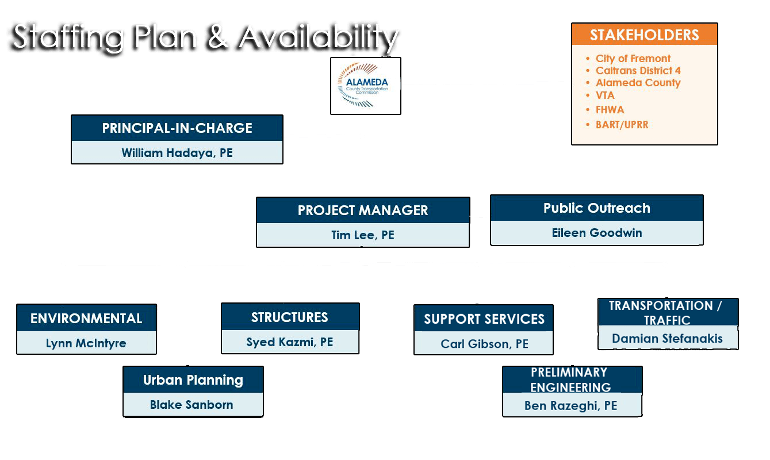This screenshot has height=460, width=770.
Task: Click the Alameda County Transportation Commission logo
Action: click(365, 86)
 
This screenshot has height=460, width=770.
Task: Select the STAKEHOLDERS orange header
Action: click(644, 34)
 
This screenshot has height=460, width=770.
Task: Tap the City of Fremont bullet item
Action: click(633, 59)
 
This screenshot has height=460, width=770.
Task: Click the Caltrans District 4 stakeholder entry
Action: click(638, 71)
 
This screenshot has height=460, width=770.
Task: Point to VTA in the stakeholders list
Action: click(604, 95)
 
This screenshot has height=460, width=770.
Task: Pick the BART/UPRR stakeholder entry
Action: click(622, 124)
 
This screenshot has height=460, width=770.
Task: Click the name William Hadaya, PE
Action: click(177, 153)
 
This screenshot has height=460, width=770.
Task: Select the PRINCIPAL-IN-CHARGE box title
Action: click(177, 128)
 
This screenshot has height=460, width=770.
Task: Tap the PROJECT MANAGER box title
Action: click(363, 210)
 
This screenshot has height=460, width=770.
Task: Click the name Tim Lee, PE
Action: click(363, 235)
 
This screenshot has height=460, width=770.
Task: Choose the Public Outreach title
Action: click(597, 208)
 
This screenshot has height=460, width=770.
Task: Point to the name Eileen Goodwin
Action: click(597, 233)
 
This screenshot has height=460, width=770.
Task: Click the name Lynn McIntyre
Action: click(86, 343)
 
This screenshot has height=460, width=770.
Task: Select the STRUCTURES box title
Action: click(289, 317)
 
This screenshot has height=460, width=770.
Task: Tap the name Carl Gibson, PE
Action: click(484, 344)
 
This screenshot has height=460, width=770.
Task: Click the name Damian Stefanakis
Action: click(667, 339)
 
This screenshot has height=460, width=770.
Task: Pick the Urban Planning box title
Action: click(193, 380)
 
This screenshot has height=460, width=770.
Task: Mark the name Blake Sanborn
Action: click(191, 405)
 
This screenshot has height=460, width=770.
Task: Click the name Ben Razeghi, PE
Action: click(570, 406)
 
